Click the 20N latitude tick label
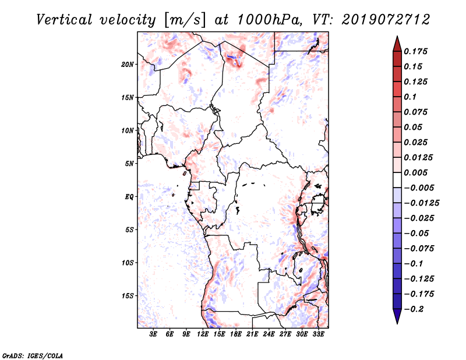(128, 64)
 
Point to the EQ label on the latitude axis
(129, 197)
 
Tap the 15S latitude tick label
(128, 296)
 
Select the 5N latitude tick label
(129, 164)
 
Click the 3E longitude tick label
(154, 334)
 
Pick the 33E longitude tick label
(319, 334)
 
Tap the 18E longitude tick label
(236, 334)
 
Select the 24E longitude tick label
(269, 334)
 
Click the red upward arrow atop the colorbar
(397, 43)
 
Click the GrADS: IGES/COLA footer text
(33, 355)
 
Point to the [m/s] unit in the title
(185, 20)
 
